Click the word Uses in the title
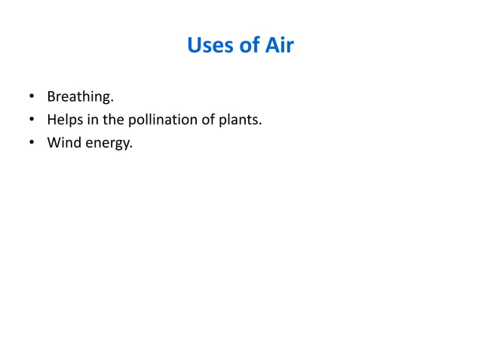[x=210, y=46]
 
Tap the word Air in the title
[x=278, y=46]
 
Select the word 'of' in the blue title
[x=250, y=46]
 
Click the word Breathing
[x=79, y=97]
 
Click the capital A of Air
[x=268, y=46]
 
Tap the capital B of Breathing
[x=51, y=97]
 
